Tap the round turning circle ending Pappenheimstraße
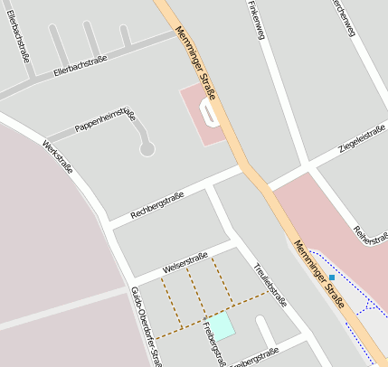(x=147, y=149)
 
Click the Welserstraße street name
(x=185, y=261)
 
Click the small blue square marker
(x=332, y=277)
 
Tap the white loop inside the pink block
(x=212, y=114)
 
